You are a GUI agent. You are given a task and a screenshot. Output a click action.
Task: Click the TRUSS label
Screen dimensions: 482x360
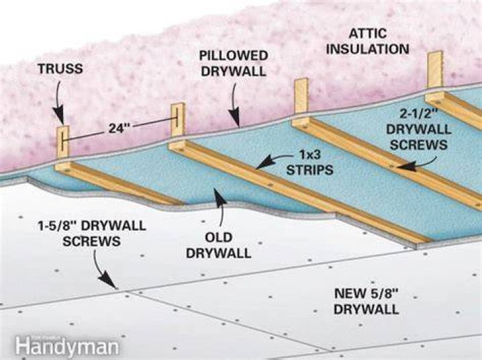[x=60, y=68]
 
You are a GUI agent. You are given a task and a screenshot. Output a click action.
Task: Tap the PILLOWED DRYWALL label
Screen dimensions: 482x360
[x=234, y=64]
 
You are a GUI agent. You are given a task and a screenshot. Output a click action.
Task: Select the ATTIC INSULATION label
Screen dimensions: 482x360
[x=368, y=41]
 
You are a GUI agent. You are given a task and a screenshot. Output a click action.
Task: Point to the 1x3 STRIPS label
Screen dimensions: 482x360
[x=310, y=162]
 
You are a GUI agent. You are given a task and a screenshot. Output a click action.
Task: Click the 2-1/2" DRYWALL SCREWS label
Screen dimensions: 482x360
[x=418, y=129]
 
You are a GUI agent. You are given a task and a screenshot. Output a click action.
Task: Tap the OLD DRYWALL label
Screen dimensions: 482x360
[x=218, y=246]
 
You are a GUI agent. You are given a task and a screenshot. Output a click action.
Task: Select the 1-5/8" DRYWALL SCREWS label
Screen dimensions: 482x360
[x=92, y=234]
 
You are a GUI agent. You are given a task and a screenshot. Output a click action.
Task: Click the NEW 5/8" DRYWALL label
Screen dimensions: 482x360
[x=366, y=301]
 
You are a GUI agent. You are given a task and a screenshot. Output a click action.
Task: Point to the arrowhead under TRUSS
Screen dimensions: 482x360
[x=59, y=115]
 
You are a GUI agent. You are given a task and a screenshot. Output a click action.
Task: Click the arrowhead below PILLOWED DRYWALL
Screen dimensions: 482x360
[x=235, y=118]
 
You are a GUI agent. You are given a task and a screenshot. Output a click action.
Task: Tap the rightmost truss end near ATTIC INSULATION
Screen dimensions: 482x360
[x=435, y=70]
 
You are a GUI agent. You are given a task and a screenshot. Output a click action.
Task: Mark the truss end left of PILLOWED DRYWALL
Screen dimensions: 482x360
[x=178, y=120]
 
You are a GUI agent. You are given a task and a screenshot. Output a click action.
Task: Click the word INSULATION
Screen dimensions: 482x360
[x=368, y=49]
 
